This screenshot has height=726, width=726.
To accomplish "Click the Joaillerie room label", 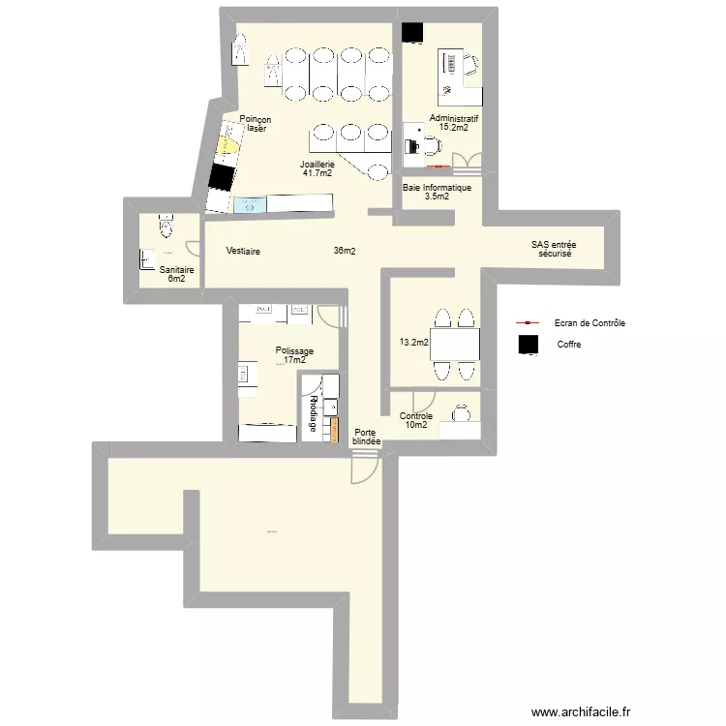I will (x=317, y=165).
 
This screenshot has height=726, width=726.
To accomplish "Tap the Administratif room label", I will (x=454, y=118).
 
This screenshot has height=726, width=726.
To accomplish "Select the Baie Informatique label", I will (x=437, y=188).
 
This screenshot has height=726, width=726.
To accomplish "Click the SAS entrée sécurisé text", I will (x=555, y=250).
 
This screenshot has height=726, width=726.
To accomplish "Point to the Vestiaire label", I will (x=243, y=252).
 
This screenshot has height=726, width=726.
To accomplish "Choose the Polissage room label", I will (x=293, y=351).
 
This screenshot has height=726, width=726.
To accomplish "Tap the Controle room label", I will (x=415, y=416).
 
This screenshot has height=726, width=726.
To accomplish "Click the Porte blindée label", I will (x=367, y=438).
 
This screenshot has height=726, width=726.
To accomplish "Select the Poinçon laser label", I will (x=256, y=123).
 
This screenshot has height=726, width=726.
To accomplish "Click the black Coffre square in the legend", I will (x=528, y=345).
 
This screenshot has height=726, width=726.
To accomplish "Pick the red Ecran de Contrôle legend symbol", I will (x=528, y=323).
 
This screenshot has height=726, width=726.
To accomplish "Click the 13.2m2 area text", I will (x=413, y=342).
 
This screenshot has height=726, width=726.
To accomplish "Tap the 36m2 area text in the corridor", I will (x=345, y=252).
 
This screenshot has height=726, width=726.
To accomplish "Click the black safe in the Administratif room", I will (x=413, y=33).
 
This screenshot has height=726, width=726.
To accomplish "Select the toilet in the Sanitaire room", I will (x=166, y=227).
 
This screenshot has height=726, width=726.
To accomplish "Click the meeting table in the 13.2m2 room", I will (x=454, y=344).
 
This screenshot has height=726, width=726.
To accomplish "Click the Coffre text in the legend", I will (x=570, y=345).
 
